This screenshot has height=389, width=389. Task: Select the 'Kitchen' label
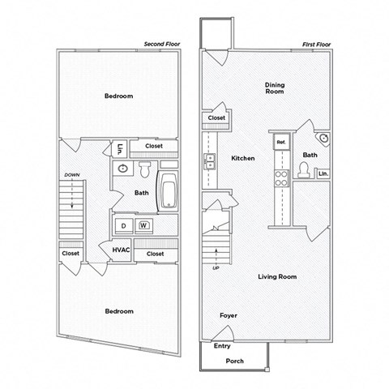[243, 158]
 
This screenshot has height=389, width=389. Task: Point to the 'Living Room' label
[277, 276]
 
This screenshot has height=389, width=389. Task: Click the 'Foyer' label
[229, 314]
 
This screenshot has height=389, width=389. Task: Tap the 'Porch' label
[234, 361]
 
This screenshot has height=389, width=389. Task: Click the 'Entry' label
[222, 346]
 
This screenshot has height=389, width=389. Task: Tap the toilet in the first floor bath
[305, 169]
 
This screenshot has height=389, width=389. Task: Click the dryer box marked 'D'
[124, 225]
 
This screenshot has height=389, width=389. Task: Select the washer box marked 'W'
[143, 225]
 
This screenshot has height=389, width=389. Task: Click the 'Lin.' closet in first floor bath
[323, 173]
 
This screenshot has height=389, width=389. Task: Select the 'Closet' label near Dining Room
[216, 118]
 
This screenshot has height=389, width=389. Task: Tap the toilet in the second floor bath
[143, 170]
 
